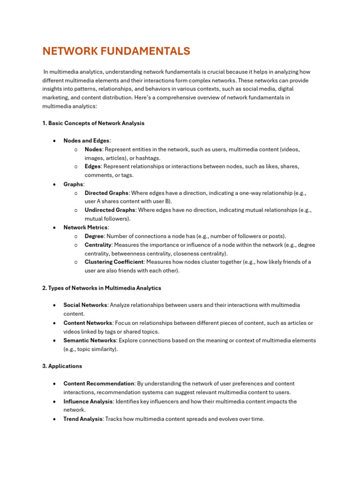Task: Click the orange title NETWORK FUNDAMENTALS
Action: click(116, 51)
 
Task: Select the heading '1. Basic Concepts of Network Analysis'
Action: click(93, 123)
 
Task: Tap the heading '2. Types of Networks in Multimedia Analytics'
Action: click(102, 288)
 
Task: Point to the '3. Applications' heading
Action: click(62, 366)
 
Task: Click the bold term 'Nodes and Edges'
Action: click(86, 141)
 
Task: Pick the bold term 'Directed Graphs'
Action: click(106, 193)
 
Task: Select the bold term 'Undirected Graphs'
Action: click(110, 210)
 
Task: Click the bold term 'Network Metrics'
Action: click(86, 227)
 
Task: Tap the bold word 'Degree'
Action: click(94, 236)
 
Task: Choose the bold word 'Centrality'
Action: click(98, 245)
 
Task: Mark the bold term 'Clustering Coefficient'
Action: click(114, 262)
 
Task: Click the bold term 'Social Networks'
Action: click(85, 305)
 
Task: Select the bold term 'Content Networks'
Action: click(88, 323)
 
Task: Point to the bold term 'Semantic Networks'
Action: click(90, 340)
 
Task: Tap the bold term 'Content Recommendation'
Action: click(99, 383)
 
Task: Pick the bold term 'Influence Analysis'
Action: click(88, 401)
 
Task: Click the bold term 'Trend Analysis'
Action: click(83, 419)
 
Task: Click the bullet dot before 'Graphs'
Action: click(55, 184)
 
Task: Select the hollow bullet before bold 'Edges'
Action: click(76, 166)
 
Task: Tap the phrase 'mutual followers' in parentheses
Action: click(106, 219)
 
